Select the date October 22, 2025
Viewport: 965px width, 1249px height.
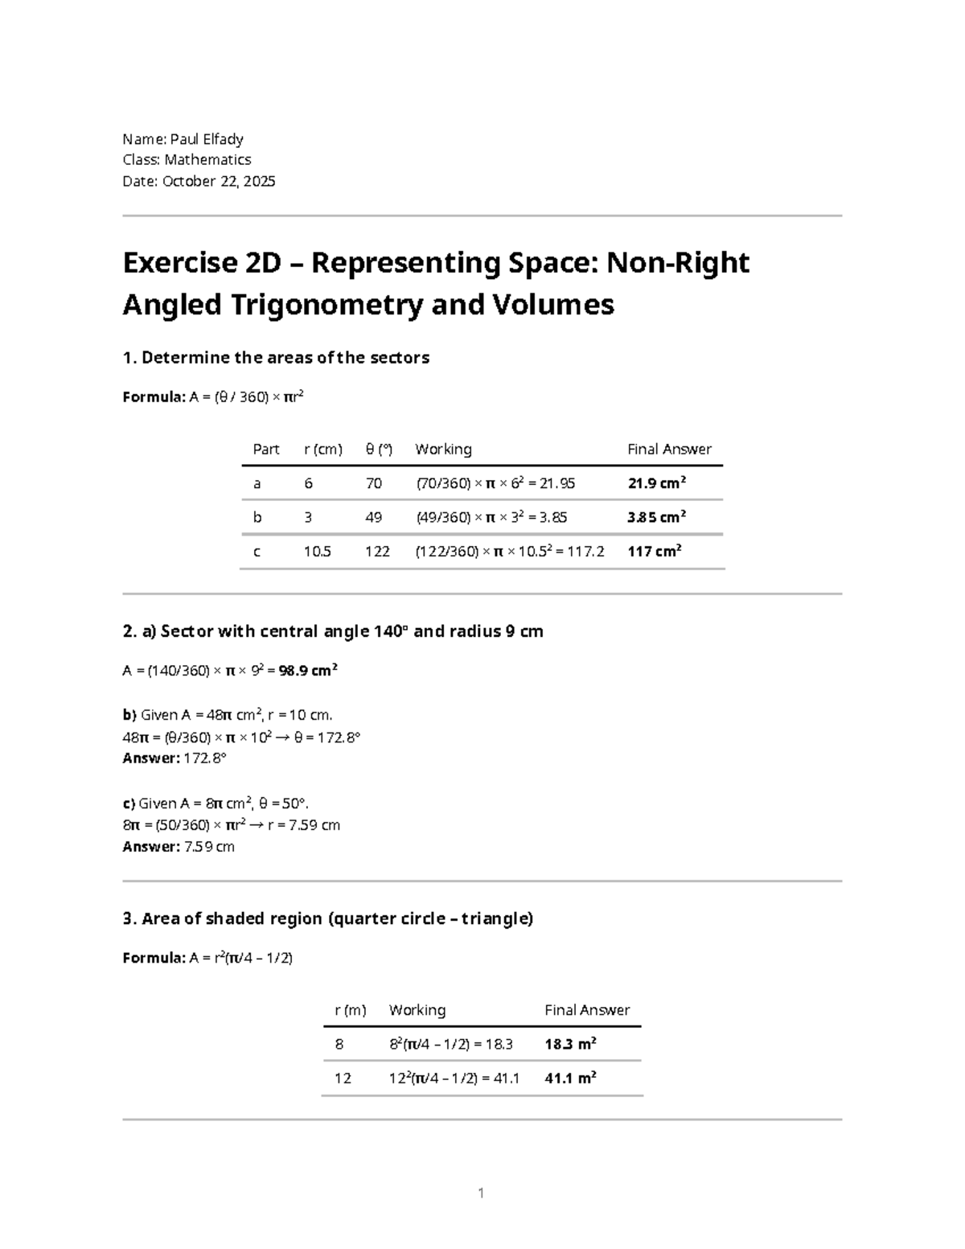click(219, 181)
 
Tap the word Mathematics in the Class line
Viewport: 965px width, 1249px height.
click(207, 160)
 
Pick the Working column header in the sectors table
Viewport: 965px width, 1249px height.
click(443, 449)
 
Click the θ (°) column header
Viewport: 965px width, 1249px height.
click(379, 449)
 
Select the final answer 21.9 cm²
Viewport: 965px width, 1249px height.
click(656, 483)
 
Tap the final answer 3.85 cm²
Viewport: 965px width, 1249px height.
click(656, 517)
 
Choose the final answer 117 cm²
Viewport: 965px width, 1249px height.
click(654, 551)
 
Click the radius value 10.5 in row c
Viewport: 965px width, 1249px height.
click(317, 551)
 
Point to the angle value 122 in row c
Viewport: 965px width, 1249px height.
click(377, 551)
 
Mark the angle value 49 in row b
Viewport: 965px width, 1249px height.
click(373, 517)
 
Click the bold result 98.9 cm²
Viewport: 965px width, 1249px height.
click(308, 670)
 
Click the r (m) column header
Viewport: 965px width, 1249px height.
click(351, 1010)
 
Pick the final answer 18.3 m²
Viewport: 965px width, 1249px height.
click(570, 1044)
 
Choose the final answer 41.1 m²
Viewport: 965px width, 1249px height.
click(570, 1078)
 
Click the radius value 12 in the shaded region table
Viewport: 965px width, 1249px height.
click(343, 1078)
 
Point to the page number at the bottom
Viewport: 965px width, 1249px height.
click(481, 1193)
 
